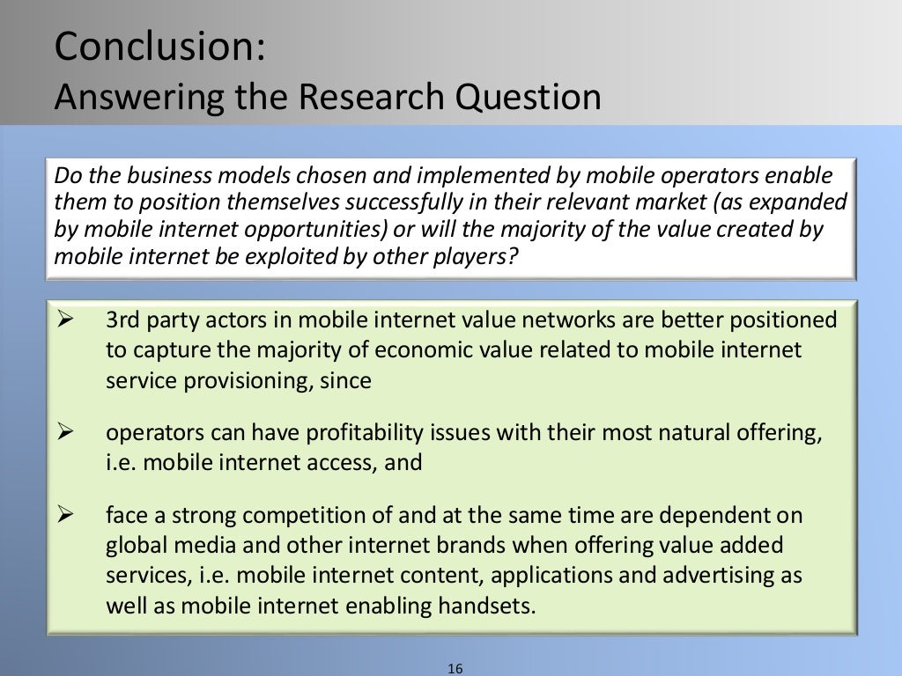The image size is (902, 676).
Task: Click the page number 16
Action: [x=455, y=669]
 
